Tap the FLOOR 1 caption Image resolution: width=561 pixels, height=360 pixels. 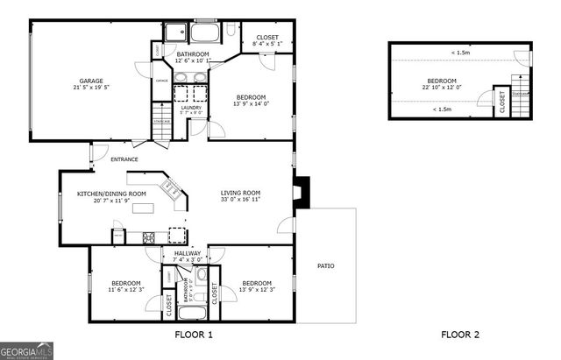[x=194, y=335]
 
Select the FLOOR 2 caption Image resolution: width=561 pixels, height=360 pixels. [x=460, y=335]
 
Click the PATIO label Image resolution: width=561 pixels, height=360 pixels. [x=325, y=266]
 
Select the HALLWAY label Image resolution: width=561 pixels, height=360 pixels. [x=187, y=253]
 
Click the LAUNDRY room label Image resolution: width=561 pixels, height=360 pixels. [x=191, y=108]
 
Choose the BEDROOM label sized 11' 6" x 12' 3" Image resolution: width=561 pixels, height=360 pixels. [x=125, y=282]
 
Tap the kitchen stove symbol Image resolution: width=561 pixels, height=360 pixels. [x=148, y=236]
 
